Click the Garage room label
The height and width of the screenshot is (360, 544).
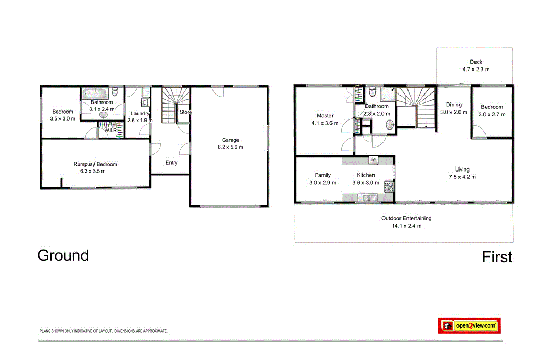[229, 140]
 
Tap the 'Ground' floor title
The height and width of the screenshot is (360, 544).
[63, 255]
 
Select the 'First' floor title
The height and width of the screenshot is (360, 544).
[497, 258]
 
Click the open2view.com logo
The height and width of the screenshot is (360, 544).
[469, 325]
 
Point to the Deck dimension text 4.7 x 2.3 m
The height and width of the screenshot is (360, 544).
[475, 70]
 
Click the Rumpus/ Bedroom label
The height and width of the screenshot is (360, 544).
[96, 164]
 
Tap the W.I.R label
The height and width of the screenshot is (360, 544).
[110, 130]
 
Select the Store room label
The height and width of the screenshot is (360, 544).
[185, 112]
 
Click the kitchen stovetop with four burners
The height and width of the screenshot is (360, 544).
[389, 186]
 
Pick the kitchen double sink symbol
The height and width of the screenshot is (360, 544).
[367, 199]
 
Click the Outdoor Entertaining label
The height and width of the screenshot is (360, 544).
[406, 218]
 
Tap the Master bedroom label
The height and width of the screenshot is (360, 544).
[325, 115]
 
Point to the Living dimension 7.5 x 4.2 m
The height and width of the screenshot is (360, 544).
[462, 177]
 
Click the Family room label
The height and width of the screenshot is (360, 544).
[322, 175]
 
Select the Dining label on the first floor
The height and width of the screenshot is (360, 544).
[454, 105]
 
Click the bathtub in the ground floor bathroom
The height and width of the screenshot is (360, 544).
[97, 93]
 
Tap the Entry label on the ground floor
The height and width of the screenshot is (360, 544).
[171, 163]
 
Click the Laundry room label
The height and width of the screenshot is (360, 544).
[140, 113]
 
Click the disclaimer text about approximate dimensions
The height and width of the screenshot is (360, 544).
[104, 331]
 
